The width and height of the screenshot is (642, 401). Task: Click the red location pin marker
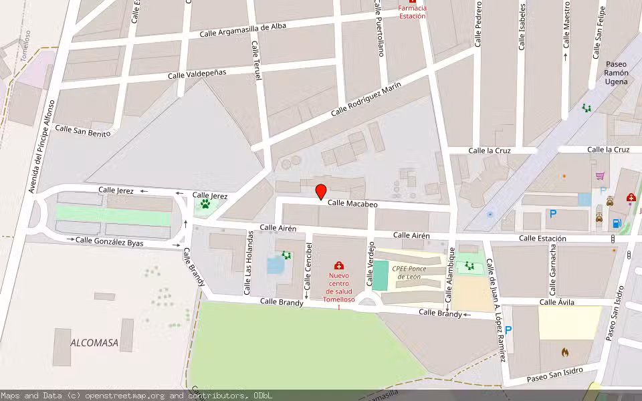click(x=321, y=191)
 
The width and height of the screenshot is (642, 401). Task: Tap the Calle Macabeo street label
click(x=352, y=204)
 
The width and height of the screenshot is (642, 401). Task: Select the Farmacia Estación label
click(x=412, y=12)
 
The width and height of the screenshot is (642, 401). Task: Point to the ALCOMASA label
click(x=94, y=343)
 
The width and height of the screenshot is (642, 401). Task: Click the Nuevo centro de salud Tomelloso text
click(x=339, y=287)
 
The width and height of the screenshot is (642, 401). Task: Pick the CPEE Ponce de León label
click(x=409, y=273)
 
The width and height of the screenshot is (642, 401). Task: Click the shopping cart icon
click(x=600, y=176)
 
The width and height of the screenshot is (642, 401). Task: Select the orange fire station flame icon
click(x=565, y=351)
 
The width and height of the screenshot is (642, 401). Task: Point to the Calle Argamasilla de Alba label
click(x=243, y=29)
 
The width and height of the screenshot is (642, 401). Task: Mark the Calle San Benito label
click(x=82, y=131)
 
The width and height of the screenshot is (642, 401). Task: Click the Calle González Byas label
click(x=109, y=241)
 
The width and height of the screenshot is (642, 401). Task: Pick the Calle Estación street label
click(x=542, y=239)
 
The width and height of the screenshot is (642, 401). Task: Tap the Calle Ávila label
click(x=556, y=303)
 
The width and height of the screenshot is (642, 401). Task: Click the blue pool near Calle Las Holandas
click(x=275, y=265)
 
